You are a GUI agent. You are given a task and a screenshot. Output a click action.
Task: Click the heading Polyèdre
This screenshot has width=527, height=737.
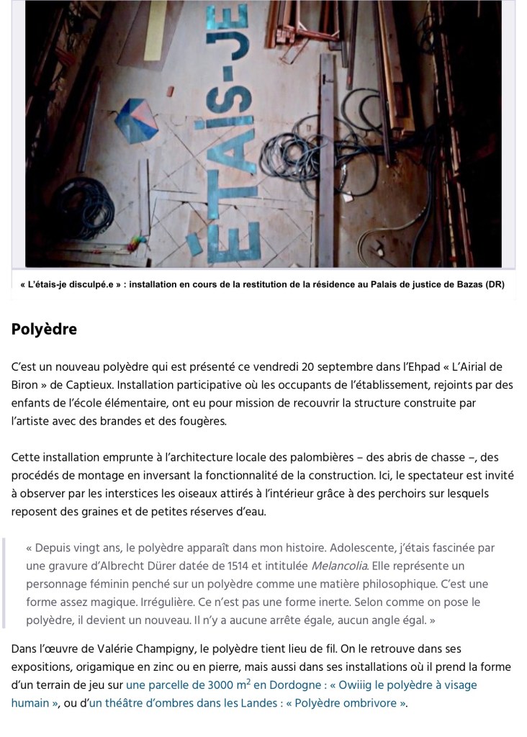(44, 330)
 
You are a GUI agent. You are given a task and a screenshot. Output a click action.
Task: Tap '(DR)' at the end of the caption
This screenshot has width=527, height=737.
(495, 284)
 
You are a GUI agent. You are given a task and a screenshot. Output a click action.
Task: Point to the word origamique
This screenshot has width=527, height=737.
(96, 666)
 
